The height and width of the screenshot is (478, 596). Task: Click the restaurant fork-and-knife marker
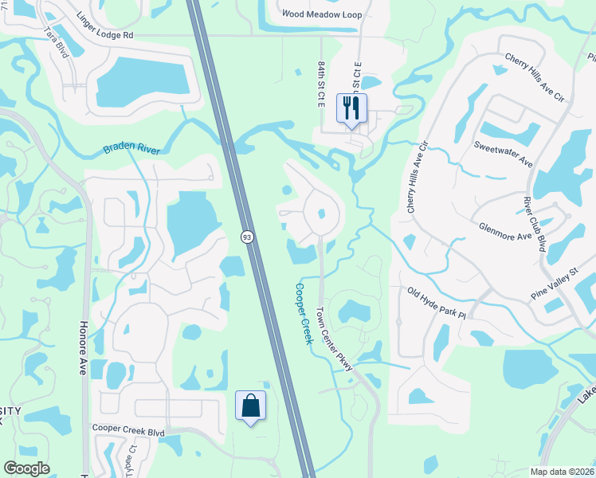click(x=351, y=107)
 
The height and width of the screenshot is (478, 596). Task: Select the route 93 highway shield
click(x=248, y=237)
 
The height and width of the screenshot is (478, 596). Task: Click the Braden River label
click(x=131, y=149)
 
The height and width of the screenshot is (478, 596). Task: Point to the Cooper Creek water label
click(x=303, y=314)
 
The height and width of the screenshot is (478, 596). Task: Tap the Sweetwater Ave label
click(x=503, y=153)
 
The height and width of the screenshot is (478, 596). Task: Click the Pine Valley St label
click(x=554, y=284)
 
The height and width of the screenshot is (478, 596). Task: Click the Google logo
click(x=27, y=468)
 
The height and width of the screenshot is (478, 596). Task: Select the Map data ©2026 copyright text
click(x=561, y=472)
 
